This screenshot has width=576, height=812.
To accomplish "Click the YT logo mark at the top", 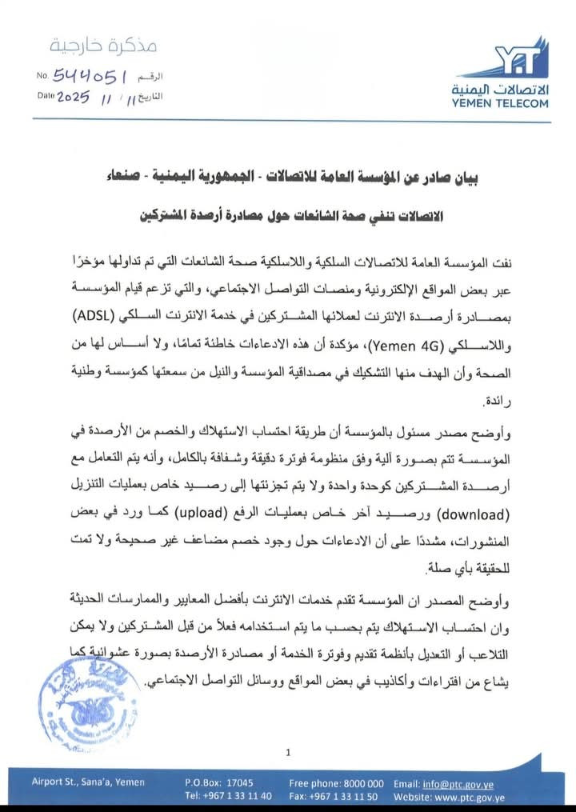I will coord(520,59).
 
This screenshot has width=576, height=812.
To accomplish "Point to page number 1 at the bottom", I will coord(288,751).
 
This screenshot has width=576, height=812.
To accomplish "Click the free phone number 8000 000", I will coord(336,782).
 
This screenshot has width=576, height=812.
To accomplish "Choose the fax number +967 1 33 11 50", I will coord(333,797).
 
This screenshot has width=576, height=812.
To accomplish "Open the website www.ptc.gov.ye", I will coord(466,797).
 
